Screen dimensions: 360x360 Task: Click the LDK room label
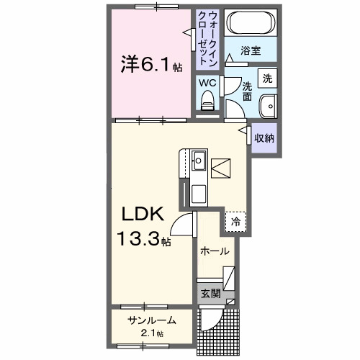click(141, 214)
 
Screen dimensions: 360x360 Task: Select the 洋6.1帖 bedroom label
click(149, 66)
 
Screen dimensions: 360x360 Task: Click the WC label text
click(207, 82)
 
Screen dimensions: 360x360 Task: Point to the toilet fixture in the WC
click(207, 103)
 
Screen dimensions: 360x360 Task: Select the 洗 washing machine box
click(267, 78)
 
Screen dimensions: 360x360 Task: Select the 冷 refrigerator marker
click(235, 222)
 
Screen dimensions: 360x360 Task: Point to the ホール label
click(215, 251)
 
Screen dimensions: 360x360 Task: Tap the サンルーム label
click(151, 321)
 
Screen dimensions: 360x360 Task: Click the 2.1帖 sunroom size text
click(151, 333)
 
